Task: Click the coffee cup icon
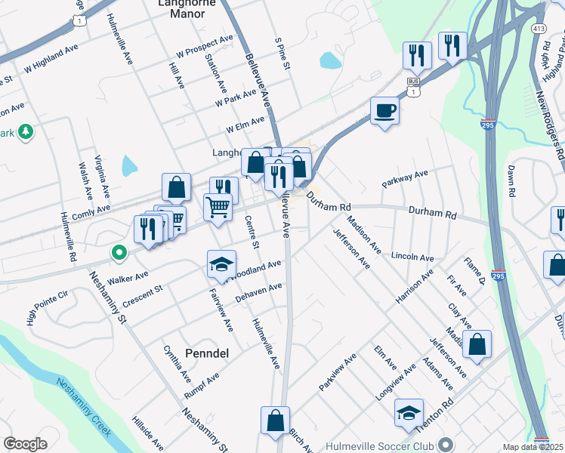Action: point(384,111)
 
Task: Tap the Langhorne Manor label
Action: point(182,8)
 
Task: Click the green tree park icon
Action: point(26,133)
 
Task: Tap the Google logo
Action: point(25,443)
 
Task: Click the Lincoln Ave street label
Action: point(412,257)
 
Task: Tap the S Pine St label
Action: point(283,54)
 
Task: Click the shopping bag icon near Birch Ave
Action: point(275,421)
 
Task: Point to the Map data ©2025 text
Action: point(532,447)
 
